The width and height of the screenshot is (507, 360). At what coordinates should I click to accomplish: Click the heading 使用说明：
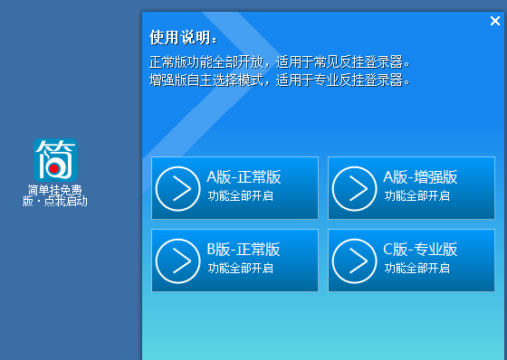pos(184,39)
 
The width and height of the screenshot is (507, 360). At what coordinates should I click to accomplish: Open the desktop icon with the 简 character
pos(55,159)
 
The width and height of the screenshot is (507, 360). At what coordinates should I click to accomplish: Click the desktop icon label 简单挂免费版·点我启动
pos(54,195)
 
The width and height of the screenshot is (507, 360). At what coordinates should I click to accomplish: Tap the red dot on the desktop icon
pos(55,168)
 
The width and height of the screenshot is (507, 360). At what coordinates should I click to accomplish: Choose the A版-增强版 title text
pos(420,177)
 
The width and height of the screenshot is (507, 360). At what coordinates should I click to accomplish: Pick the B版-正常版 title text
pos(244,250)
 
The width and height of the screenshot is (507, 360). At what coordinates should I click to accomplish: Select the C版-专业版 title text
pos(420,250)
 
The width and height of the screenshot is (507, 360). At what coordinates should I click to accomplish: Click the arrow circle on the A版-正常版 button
pos(177,188)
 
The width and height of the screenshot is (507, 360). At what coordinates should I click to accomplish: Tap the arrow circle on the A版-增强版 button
pos(354,188)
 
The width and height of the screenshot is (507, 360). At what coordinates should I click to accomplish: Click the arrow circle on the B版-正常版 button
pos(177,261)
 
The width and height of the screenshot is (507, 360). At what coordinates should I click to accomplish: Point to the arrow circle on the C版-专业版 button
pos(354,261)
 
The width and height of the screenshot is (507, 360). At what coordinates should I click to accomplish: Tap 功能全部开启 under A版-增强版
pos(416,195)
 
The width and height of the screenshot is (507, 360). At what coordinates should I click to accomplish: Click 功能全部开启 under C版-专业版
pos(416,268)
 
